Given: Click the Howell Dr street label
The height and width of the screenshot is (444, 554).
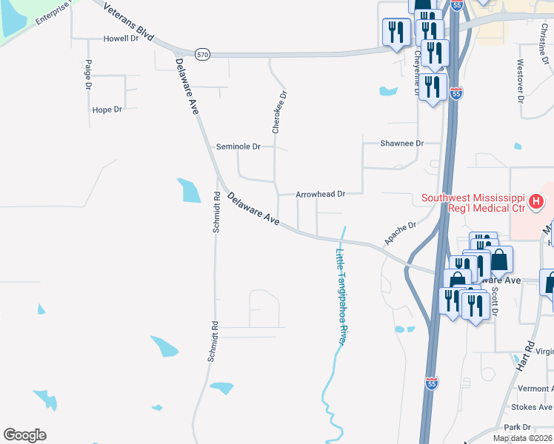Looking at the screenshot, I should (121, 38).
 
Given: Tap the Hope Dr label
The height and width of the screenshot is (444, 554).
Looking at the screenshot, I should (107, 110).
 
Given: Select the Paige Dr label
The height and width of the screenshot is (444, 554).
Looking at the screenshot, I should (88, 75).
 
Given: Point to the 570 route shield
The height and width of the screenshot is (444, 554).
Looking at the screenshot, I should (203, 54).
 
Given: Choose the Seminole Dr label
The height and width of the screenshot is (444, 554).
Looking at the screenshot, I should (238, 147).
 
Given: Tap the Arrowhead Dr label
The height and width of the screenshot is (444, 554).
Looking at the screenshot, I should (321, 194).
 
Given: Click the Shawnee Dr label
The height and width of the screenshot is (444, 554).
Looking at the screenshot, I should (401, 144).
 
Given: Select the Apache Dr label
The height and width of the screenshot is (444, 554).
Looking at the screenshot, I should (401, 234).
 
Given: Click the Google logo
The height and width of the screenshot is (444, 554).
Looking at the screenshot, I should (24, 435).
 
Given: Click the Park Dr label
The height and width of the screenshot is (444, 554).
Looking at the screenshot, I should (518, 427).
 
